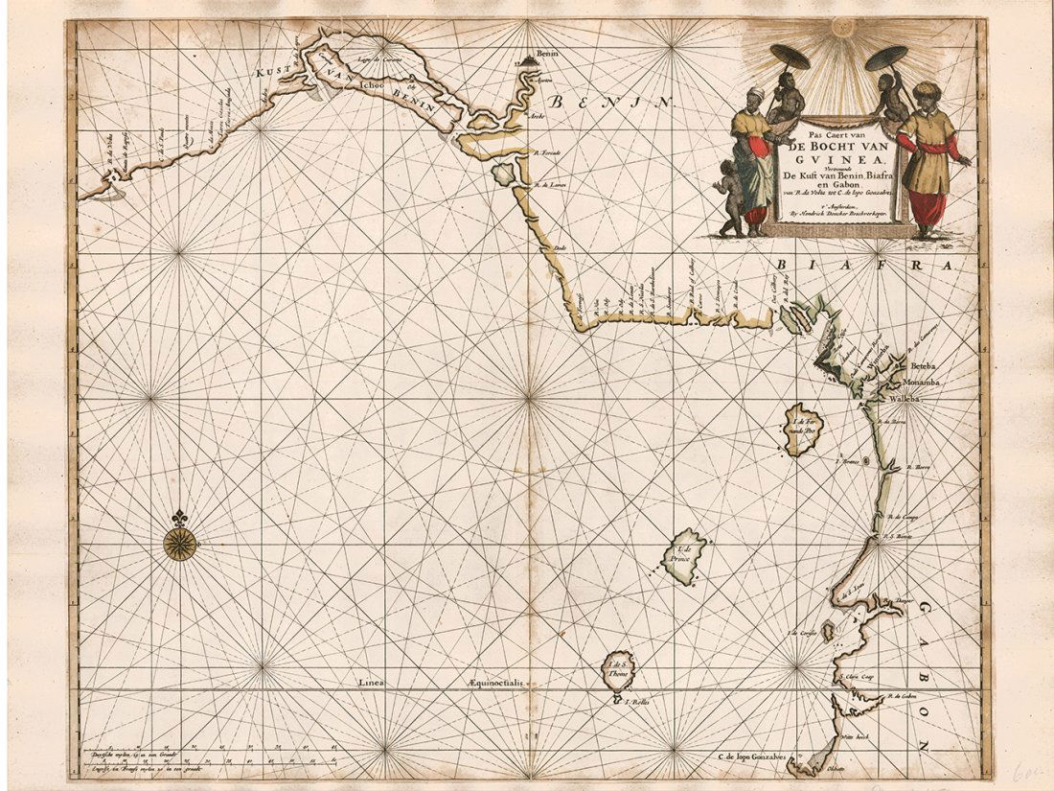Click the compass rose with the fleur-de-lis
point(179,543)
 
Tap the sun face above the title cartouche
point(843,26)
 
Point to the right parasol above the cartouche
point(886,58)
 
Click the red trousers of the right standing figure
point(928,207)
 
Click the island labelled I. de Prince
point(686,557)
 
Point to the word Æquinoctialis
point(495,683)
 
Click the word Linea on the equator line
point(371,683)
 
